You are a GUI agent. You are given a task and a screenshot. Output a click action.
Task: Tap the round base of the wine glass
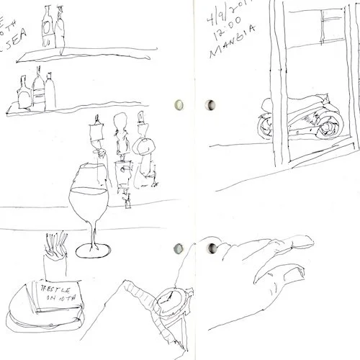point(94,250)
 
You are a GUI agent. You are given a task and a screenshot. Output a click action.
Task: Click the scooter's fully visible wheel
point(328,127)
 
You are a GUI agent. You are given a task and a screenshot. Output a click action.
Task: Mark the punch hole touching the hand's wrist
point(211,248)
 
